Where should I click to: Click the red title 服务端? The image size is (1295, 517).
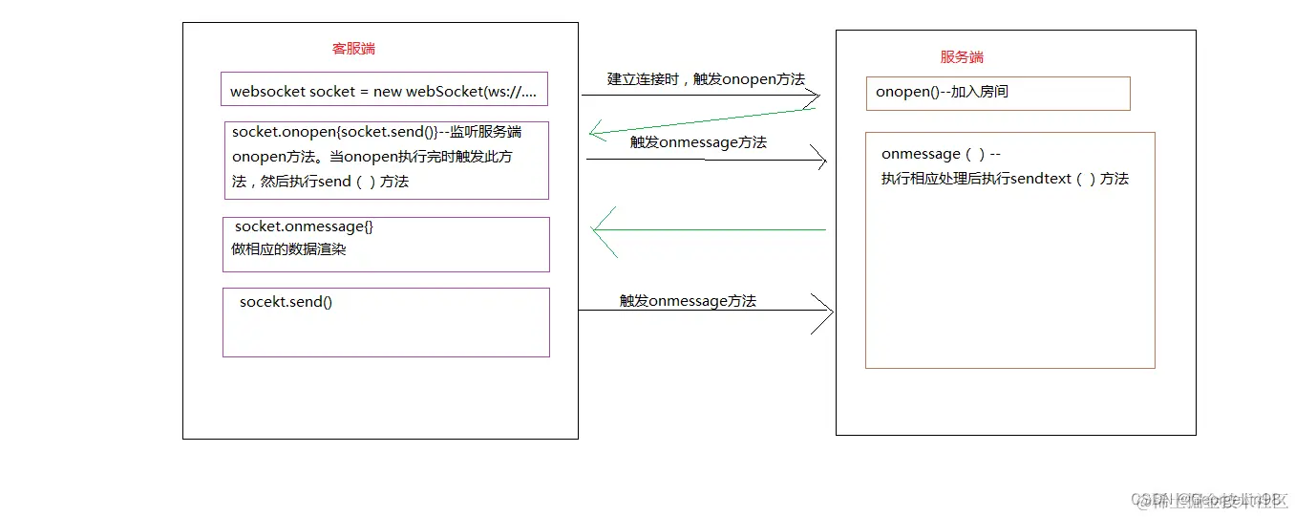962,56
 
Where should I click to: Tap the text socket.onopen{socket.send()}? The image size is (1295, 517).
334,132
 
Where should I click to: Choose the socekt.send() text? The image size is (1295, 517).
286,302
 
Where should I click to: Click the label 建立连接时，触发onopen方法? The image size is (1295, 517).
706,79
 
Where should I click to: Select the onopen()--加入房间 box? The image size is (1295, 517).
997,93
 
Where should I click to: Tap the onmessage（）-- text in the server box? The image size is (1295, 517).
941,154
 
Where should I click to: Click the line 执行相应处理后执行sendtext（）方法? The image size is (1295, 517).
1005,179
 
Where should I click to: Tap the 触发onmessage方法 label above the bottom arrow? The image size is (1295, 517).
688,301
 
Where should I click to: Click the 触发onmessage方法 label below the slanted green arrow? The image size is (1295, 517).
698,142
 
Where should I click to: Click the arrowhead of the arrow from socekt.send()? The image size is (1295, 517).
825,312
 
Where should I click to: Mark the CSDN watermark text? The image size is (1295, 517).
1209,499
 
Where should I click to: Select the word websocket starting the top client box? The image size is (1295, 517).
267,93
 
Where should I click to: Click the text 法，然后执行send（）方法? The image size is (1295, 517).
320,181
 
